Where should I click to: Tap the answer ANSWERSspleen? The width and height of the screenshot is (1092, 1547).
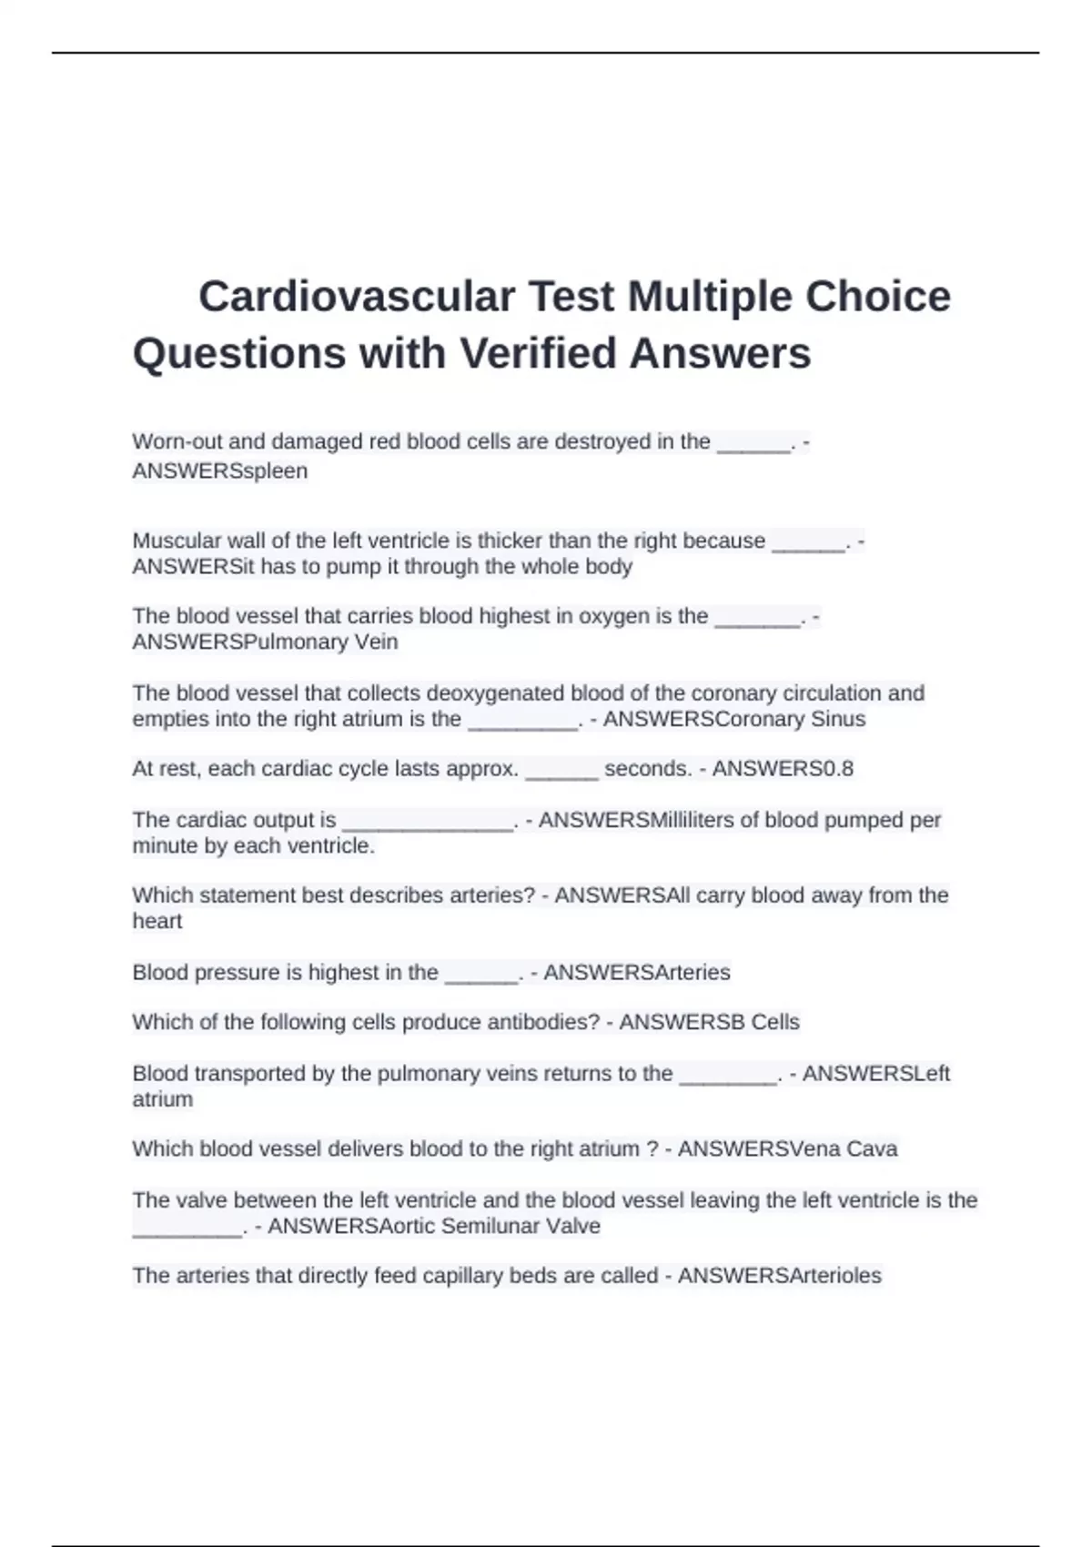click(x=219, y=471)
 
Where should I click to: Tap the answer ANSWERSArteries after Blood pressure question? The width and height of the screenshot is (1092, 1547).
click(x=636, y=973)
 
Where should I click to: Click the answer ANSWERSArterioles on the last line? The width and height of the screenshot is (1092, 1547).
click(x=779, y=1276)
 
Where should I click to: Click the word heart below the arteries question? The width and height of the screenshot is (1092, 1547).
click(x=157, y=922)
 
